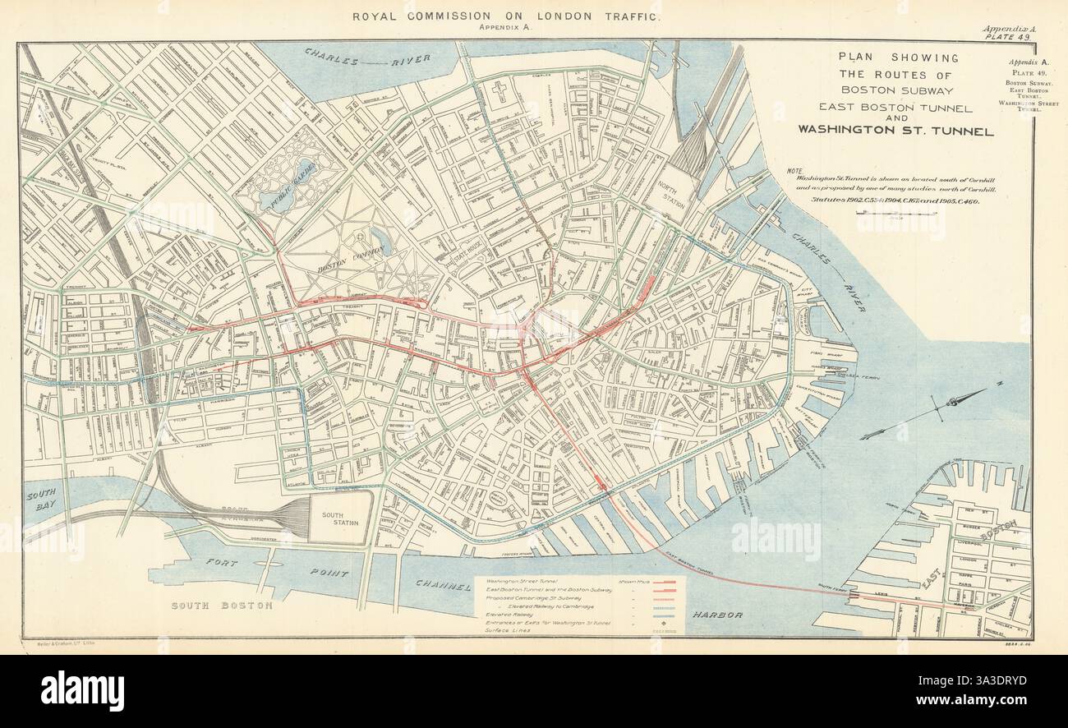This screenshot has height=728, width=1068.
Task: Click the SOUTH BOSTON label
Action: pos(221,606)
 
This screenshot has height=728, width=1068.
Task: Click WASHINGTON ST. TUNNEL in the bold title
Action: pos(895,131)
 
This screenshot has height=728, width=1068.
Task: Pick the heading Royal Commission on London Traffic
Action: pos(505,16)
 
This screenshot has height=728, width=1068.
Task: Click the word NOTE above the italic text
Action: pos(794,172)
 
